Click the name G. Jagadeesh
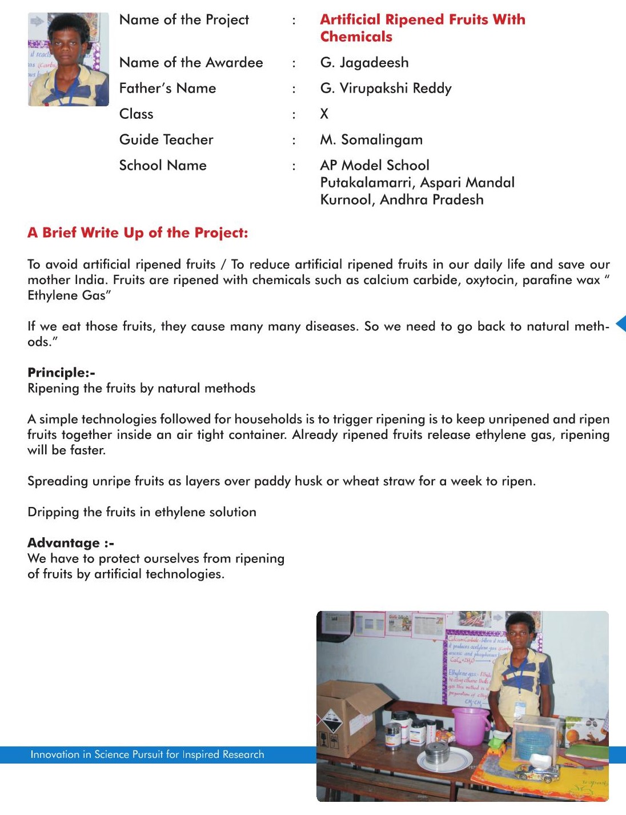pos(364,62)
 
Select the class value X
pos(324,114)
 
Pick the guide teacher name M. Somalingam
pos(371,139)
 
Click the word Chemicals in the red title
pos(356,37)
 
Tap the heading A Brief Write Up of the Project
pos(138,233)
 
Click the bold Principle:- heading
pos(61,373)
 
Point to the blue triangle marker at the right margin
pos(621,323)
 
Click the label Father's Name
pos(167,88)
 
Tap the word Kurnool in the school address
pos(347,199)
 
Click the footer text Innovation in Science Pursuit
pos(147,754)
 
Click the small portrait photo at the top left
pos(68,59)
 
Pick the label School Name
pos(163,165)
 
